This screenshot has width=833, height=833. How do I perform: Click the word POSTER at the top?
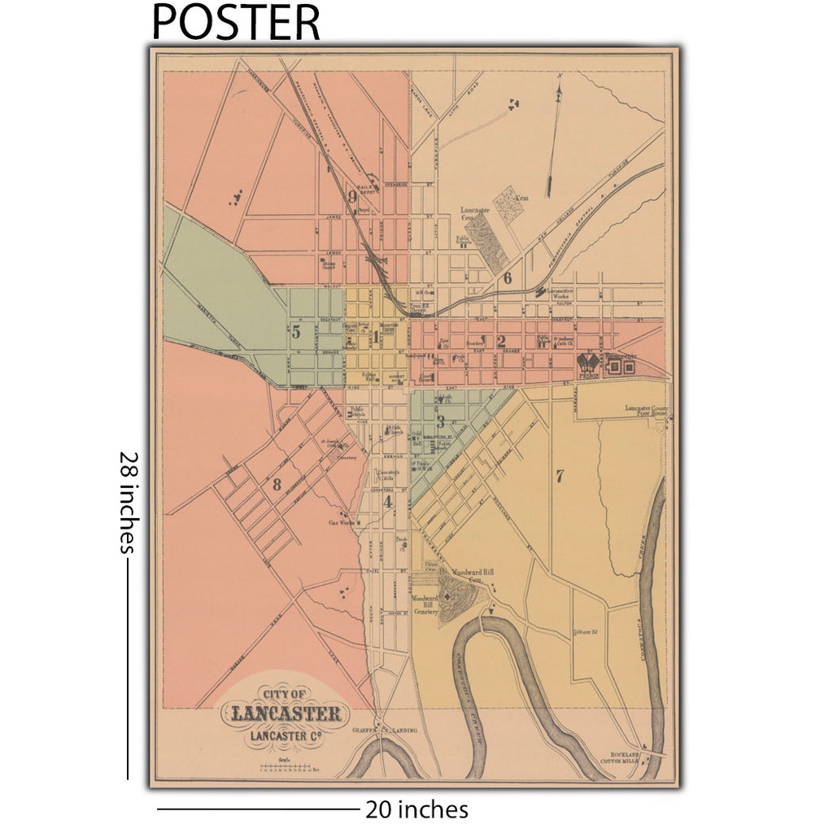coord(236,22)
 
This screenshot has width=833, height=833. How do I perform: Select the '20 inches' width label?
coord(416,810)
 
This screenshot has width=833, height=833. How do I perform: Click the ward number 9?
coord(353,195)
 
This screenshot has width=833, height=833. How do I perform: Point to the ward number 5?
coord(296,332)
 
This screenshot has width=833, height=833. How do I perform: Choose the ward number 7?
coord(560,477)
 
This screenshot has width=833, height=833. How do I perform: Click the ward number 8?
coord(277,486)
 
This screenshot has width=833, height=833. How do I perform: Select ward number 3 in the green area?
coord(440,421)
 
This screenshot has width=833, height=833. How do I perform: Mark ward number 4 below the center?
coord(388,502)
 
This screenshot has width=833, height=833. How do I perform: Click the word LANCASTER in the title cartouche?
coord(286,715)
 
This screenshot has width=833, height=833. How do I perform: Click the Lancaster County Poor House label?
coord(646,410)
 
